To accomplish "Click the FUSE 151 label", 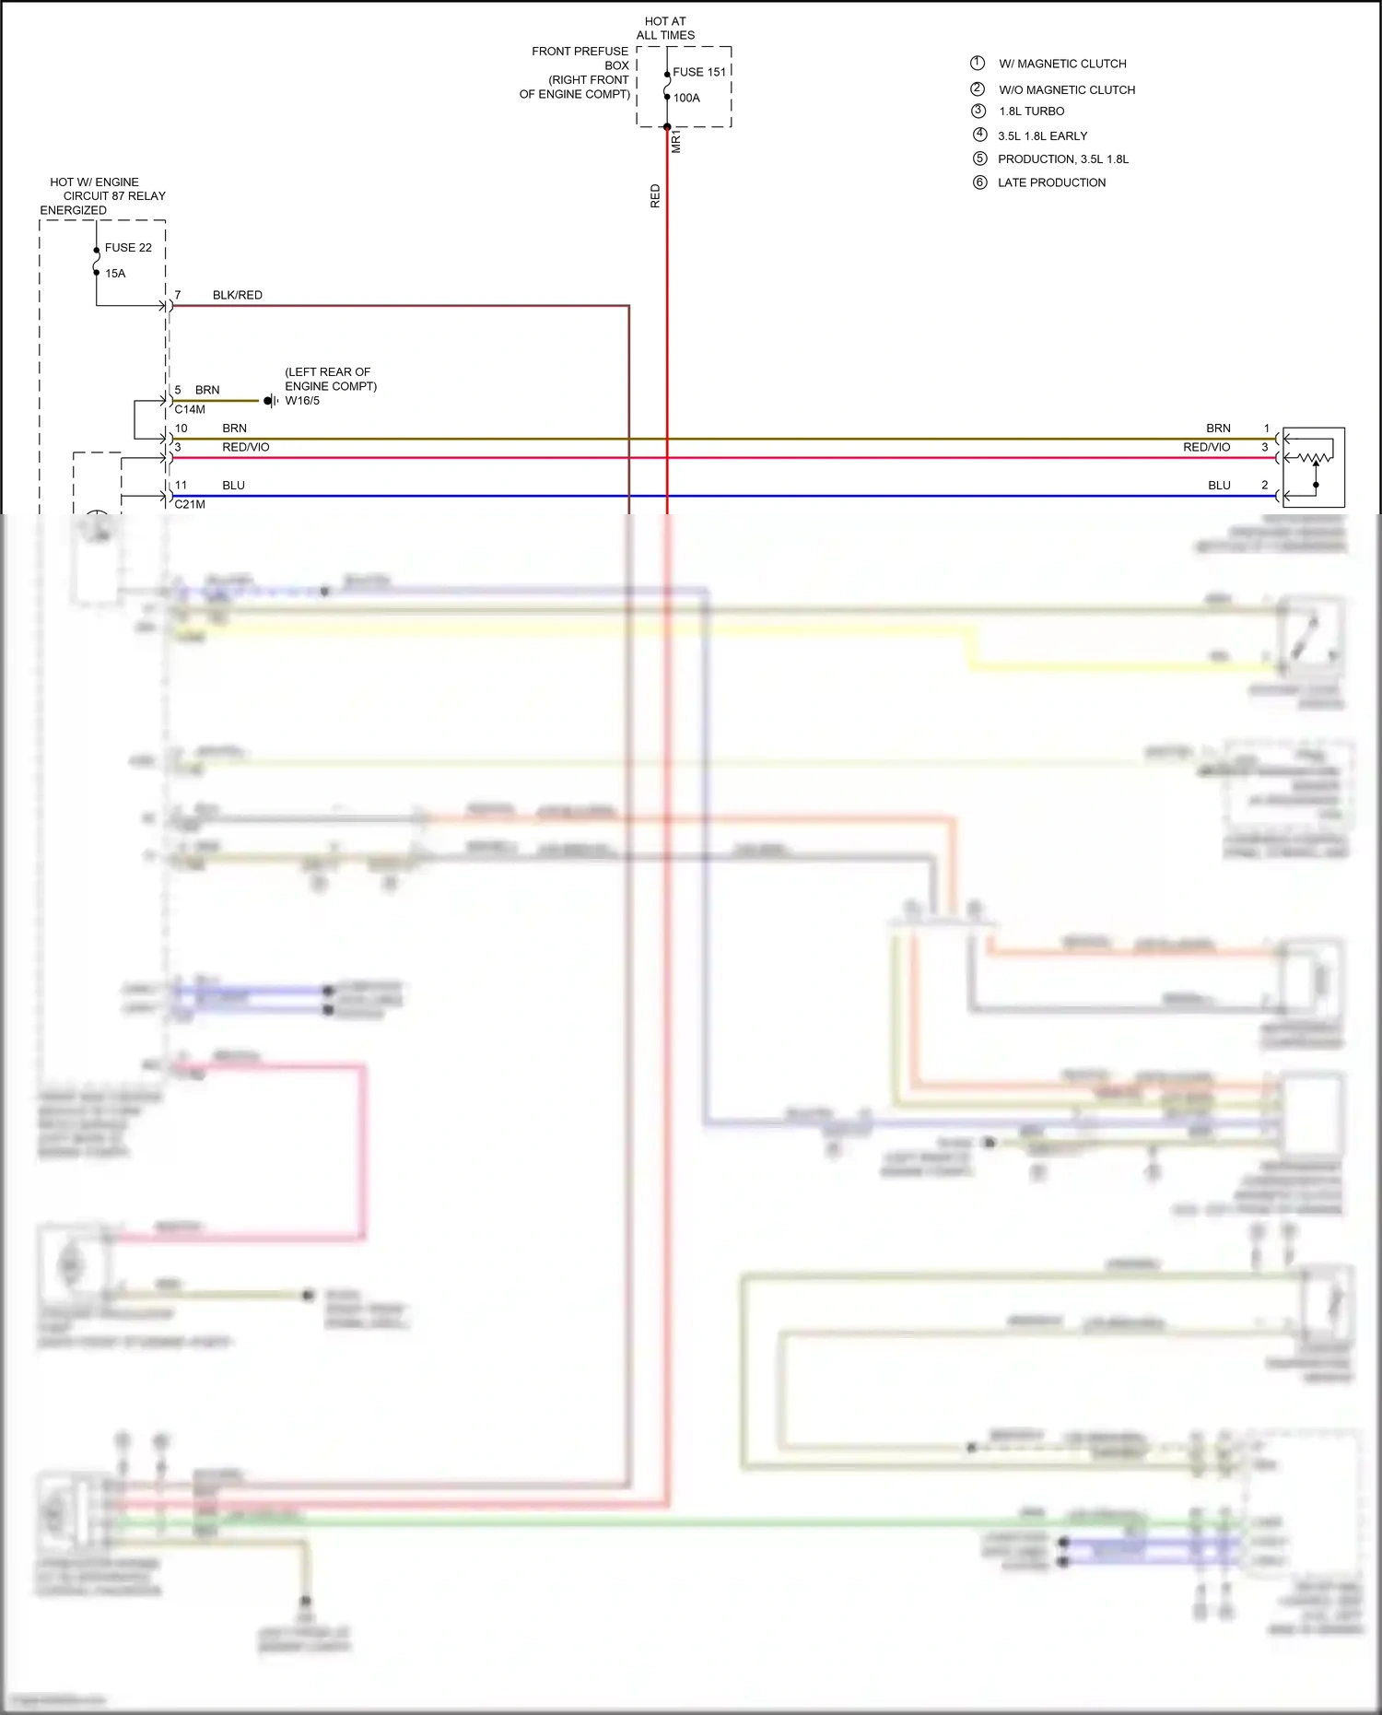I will (698, 72).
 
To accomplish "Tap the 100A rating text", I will (686, 98).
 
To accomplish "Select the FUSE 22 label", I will (128, 248).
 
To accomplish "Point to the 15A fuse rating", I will (115, 274).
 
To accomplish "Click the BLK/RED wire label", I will (237, 295).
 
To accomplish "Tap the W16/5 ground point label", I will (302, 401).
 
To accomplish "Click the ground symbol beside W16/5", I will (270, 401).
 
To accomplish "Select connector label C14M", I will (190, 410).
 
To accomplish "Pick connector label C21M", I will (190, 505).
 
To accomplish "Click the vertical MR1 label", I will (676, 141).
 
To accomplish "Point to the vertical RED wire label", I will (655, 195).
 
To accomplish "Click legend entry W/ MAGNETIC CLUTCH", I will (1062, 64).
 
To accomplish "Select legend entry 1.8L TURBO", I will (1031, 112).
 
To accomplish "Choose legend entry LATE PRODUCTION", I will (1051, 182).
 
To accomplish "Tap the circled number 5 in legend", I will (979, 159).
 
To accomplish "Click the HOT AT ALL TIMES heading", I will (665, 28).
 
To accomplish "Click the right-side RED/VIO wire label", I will (1206, 447).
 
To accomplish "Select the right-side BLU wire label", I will (1219, 486).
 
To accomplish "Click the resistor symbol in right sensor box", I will (1315, 457).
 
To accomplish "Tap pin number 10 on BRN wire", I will (182, 429).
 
